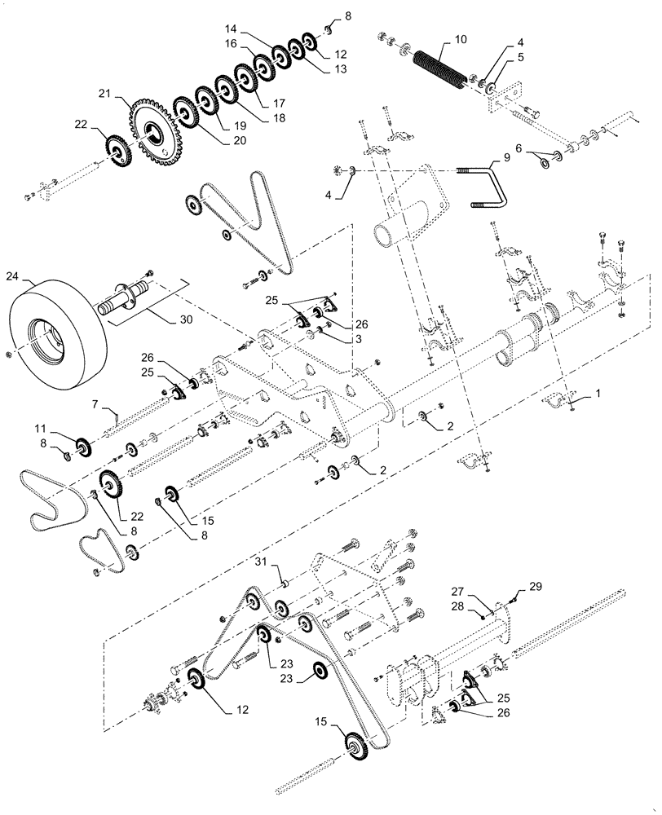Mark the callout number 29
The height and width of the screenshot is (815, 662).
click(534, 586)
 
